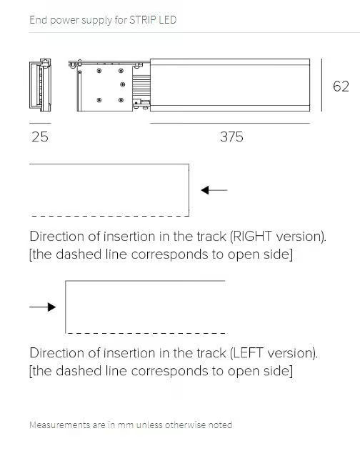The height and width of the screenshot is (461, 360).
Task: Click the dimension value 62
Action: [341, 86]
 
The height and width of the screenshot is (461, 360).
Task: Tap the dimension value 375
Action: [231, 137]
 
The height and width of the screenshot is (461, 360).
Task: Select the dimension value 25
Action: [40, 137]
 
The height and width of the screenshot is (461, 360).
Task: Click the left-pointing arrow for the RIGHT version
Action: [214, 190]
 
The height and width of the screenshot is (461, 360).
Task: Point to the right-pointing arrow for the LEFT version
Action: [43, 307]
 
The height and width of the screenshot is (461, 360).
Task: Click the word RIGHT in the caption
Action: [251, 237]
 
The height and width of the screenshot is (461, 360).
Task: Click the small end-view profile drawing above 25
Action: [40, 85]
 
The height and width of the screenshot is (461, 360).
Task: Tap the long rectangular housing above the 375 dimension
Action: [230, 85]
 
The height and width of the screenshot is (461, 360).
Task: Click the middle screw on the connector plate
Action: [123, 84]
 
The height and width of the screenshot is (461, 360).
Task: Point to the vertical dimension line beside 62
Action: [322, 85]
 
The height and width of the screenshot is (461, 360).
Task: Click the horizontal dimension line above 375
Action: [230, 123]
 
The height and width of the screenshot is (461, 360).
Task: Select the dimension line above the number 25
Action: [40, 123]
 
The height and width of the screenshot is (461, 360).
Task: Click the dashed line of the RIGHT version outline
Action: [110, 216]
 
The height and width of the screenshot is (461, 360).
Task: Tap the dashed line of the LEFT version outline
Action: [146, 333]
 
